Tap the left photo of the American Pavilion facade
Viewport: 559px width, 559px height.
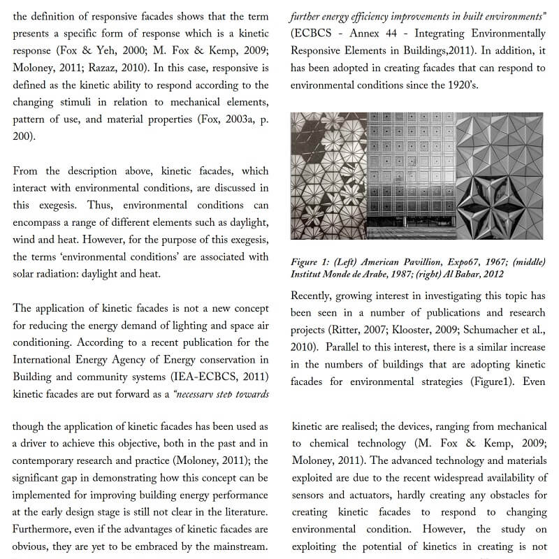pos(328,176)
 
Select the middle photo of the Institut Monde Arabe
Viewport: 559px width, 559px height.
pos(411,176)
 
